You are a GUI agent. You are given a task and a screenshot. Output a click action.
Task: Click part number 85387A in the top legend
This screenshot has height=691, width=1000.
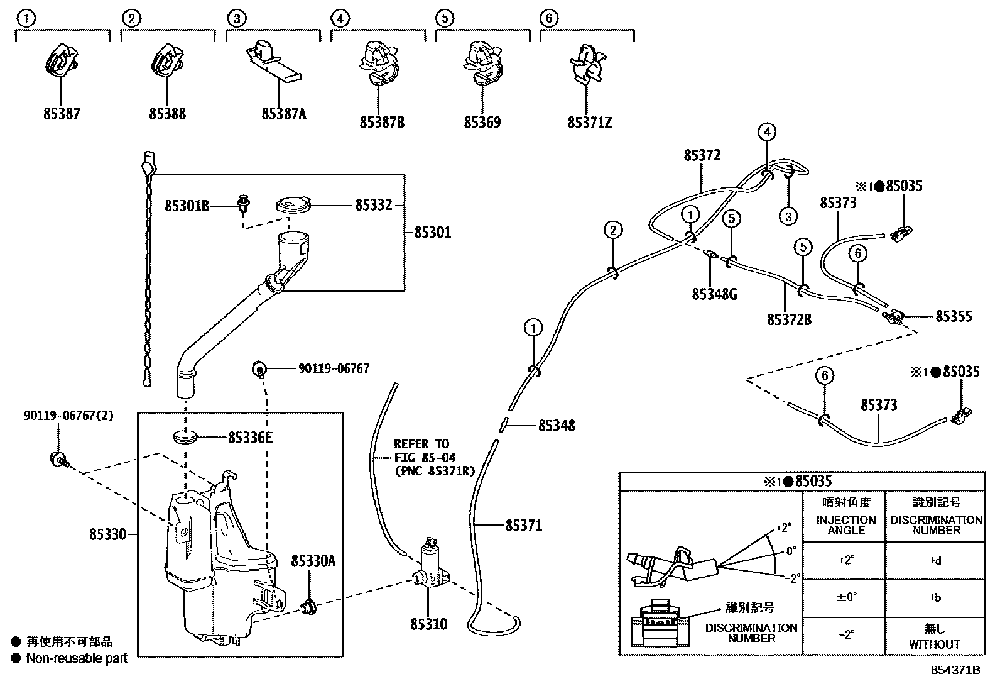pos(284,114)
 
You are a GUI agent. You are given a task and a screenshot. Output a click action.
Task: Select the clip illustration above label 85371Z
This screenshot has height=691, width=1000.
pos(586,64)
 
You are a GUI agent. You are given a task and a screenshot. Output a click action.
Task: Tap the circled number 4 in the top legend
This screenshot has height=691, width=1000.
pos(340,18)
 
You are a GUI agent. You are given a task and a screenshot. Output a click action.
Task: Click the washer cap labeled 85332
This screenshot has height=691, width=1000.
pos(294,205)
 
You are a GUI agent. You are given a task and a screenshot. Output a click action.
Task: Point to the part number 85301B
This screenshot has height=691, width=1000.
pos(187,206)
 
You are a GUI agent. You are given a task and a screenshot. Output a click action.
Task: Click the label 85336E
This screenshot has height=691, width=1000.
pos(250,437)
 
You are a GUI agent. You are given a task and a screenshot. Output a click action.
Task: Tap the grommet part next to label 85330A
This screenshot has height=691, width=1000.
pos(308,607)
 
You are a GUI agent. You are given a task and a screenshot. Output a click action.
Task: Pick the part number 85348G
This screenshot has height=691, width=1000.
pos(714,294)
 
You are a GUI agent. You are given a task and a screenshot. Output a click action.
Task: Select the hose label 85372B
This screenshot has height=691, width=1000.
pos(789,320)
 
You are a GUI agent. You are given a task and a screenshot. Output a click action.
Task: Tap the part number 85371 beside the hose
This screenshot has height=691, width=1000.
pos(523,525)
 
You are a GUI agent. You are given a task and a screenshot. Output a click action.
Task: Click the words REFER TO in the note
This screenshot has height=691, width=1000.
pos(421,444)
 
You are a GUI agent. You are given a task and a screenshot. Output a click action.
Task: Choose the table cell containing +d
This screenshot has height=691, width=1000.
pos(935,561)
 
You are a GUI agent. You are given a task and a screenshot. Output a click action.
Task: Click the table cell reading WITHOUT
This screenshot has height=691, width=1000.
pos(935,644)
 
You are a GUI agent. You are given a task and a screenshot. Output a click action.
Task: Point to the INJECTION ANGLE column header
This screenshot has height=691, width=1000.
pos(845,524)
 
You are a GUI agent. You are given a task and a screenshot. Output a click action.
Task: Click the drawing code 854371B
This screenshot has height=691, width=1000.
pos(955,670)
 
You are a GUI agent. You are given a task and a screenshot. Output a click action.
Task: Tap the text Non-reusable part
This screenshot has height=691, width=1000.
pos(77,658)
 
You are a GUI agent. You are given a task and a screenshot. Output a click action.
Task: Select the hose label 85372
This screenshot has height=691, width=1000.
pos(702,155)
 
